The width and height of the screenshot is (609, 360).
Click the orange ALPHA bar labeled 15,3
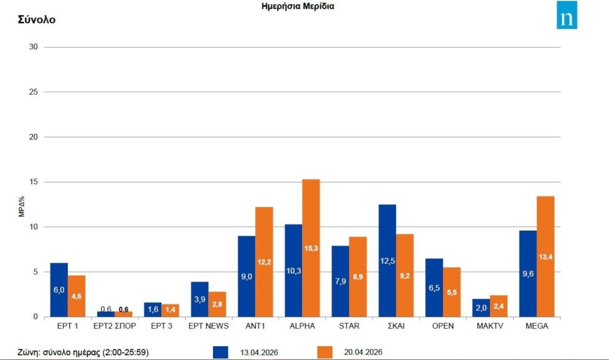point(311,248)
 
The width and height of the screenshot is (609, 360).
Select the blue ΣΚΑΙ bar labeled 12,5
point(387,261)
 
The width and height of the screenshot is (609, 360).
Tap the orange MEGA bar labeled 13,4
point(545,256)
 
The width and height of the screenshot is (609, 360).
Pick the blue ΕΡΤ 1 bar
point(59,290)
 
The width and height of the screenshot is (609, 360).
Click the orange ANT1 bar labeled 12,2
point(264,262)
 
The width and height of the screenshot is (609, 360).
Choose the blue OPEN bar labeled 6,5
point(434,287)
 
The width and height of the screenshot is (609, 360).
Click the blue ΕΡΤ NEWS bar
point(200,299)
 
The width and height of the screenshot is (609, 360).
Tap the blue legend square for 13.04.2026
point(220,352)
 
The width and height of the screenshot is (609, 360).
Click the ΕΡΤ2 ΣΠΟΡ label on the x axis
point(115,326)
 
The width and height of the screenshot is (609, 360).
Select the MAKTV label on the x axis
point(490,326)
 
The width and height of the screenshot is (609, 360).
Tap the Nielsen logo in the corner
point(567,15)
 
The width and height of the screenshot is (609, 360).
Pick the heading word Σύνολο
point(36,20)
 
